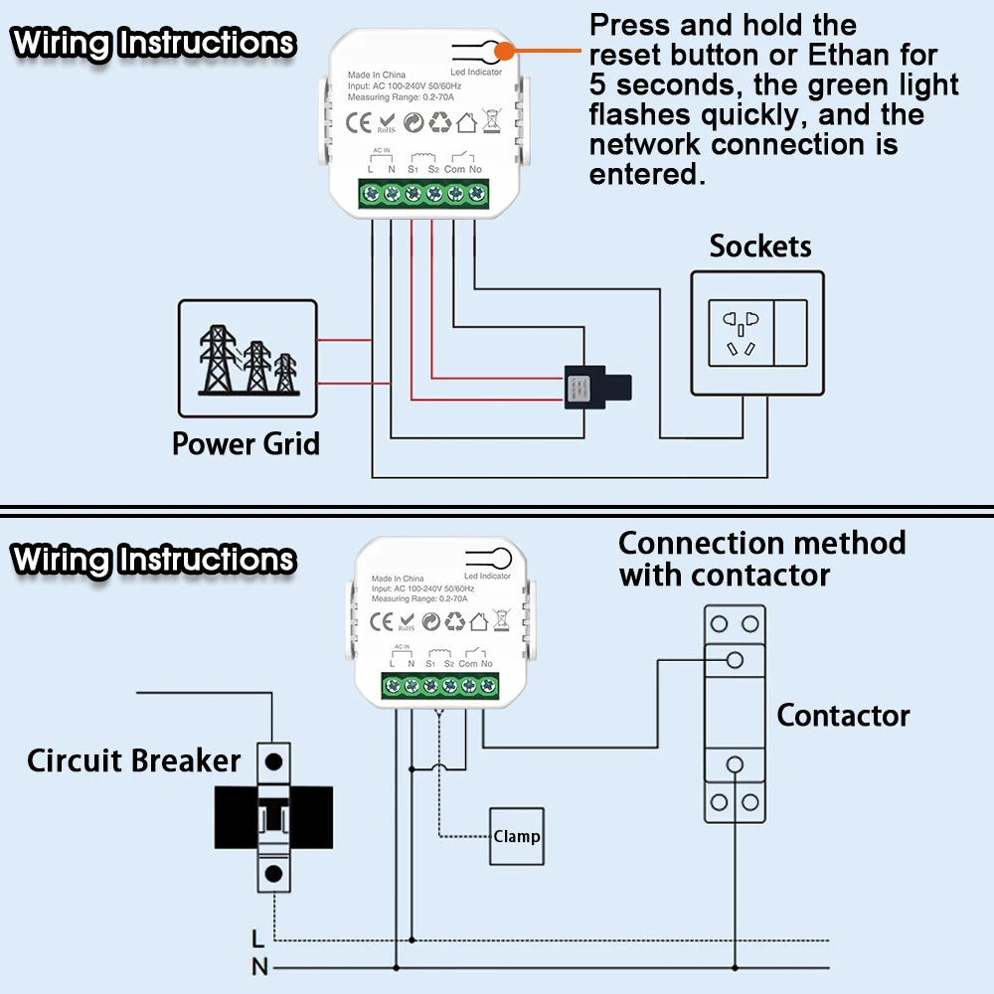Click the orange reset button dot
pos(505,50)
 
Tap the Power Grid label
pos(246,443)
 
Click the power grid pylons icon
pos(248,358)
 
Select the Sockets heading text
pos(760,247)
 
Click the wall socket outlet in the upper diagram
pos(741,333)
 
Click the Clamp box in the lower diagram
pos(517,836)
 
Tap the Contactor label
pos(843,716)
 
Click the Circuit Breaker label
pos(133,761)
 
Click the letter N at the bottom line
pos(258,966)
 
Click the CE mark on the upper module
pos(358,123)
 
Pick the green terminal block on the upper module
pos(423,193)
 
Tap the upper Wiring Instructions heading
pos(153,44)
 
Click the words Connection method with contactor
pos(761,559)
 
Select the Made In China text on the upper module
pos(377,76)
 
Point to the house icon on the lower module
pos(479,622)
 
